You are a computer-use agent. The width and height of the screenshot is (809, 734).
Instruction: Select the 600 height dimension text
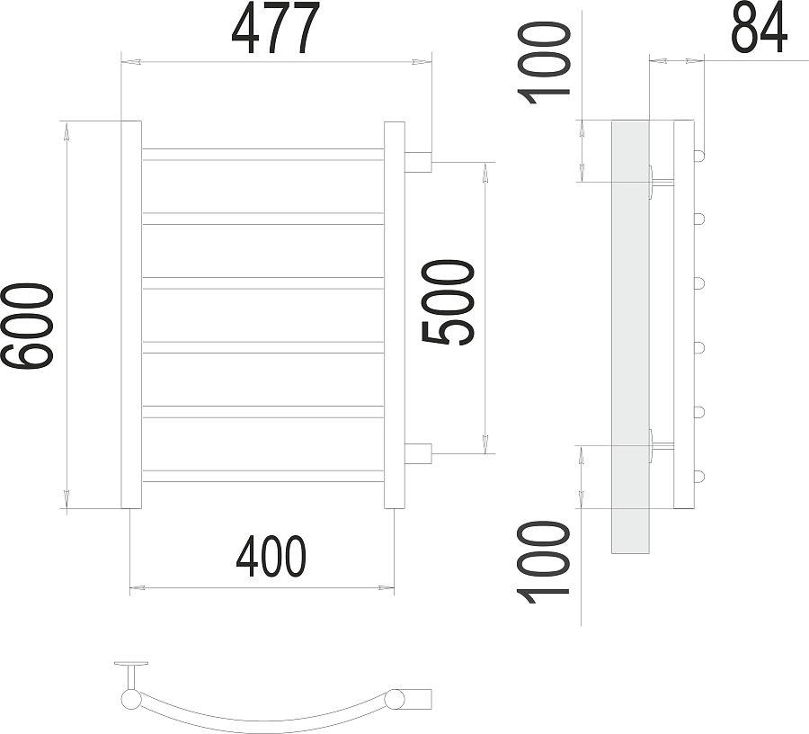click(x=29, y=325)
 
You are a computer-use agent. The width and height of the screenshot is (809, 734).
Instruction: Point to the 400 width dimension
click(x=271, y=557)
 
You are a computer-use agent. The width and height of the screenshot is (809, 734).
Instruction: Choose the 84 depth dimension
click(x=760, y=28)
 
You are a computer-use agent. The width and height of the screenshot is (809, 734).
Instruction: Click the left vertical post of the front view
click(x=131, y=315)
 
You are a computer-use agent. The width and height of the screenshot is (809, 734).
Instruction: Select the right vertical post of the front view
click(x=395, y=315)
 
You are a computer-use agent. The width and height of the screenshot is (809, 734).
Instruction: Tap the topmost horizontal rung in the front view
click(x=263, y=155)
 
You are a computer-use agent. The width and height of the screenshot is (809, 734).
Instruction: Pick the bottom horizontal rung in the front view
click(x=263, y=476)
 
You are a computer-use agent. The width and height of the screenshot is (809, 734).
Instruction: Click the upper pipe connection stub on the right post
click(x=418, y=162)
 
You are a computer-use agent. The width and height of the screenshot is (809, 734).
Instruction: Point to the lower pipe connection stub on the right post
click(x=418, y=452)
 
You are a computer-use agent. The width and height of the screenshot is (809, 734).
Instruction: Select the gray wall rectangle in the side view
click(x=630, y=336)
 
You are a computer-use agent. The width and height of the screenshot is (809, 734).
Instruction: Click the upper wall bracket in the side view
click(x=661, y=183)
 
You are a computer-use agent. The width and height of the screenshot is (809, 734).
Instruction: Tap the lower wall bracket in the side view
click(x=661, y=444)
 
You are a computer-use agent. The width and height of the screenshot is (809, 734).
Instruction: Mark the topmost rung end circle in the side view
click(x=698, y=155)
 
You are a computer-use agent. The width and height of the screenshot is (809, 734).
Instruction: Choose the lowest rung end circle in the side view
click(x=698, y=476)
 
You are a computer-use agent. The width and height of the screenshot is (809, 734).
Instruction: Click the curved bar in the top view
click(x=261, y=716)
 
